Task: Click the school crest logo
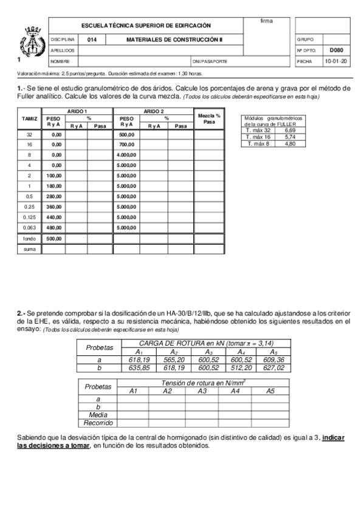[29, 42]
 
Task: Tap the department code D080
[336, 50]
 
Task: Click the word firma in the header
[266, 21]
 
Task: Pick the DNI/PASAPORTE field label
[210, 61]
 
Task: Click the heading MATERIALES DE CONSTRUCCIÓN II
[174, 39]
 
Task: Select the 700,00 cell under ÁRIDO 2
[127, 145]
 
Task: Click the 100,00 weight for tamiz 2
[57, 176]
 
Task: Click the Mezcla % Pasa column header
[210, 118]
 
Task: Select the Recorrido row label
[98, 422]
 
